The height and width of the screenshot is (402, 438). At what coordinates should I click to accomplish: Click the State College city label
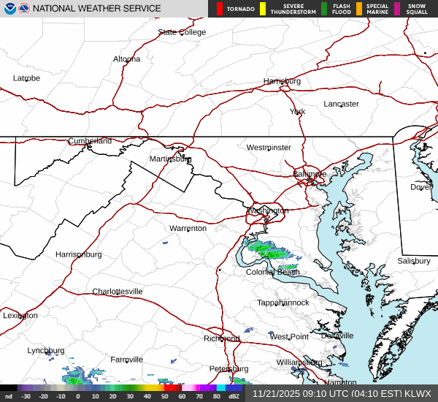tap(182, 32)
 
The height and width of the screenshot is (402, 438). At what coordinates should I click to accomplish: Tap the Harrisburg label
tap(282, 81)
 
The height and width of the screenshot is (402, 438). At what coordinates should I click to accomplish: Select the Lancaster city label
tap(341, 104)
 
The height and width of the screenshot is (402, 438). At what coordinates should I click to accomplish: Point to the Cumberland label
tap(90, 141)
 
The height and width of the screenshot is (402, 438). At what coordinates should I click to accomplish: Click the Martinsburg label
tap(170, 159)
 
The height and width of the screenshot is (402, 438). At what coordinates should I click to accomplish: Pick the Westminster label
tap(268, 148)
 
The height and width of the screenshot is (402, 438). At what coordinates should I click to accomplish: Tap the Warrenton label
tap(188, 229)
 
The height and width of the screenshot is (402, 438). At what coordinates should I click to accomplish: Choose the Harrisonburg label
tap(78, 254)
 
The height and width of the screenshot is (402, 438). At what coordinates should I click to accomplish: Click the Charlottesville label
tap(117, 292)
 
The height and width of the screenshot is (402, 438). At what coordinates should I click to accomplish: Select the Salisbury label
tap(414, 261)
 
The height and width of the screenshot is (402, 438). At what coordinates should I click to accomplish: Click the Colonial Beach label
tap(272, 272)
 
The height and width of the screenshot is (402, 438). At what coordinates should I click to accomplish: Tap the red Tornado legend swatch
tap(220, 9)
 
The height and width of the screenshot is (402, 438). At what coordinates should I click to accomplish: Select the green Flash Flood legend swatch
tap(324, 9)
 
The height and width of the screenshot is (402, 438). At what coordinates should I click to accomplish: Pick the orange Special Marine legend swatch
tap(359, 9)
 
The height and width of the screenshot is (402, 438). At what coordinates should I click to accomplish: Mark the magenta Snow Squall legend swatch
tap(397, 9)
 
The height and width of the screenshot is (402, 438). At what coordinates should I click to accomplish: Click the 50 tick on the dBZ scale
tap(165, 396)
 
